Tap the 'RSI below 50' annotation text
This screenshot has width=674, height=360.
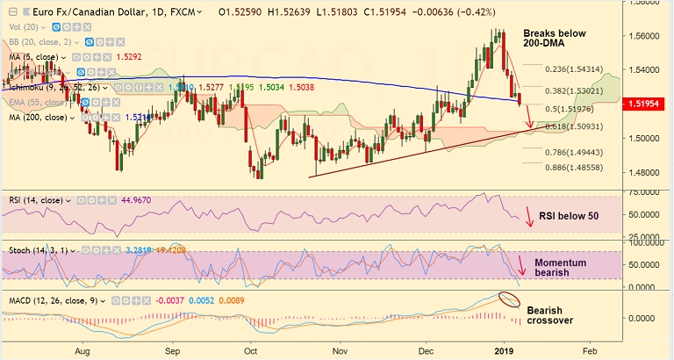pos(569,214)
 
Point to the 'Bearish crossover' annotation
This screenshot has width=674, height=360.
pos(549,315)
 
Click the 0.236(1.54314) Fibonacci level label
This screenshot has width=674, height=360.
pos(576,69)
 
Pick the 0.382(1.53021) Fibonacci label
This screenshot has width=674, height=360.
pos(576,90)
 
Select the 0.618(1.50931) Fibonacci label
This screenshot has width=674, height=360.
pos(576,127)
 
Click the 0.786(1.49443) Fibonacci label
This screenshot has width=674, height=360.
pos(576,151)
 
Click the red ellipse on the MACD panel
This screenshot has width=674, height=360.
pos(508,299)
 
